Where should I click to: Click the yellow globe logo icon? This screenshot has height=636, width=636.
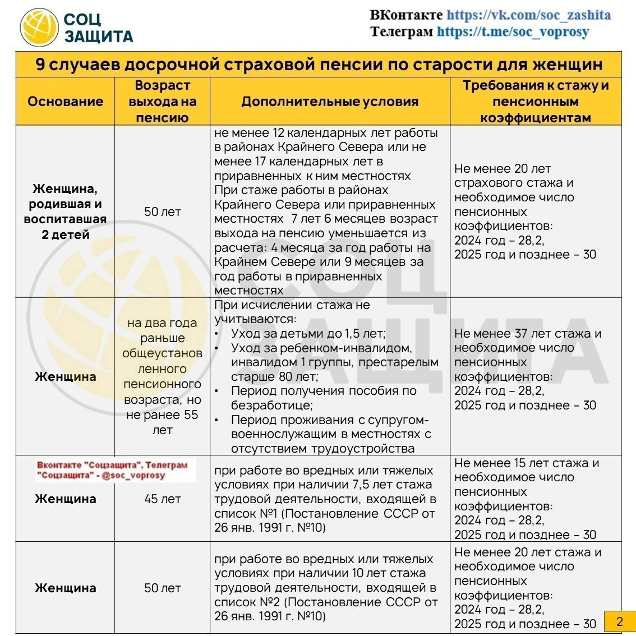tap(39, 27)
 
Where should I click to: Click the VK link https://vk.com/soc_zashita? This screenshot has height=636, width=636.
tap(528, 15)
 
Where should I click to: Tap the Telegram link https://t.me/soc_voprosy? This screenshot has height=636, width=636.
tap(513, 32)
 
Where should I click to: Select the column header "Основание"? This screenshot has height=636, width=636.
tap(66, 102)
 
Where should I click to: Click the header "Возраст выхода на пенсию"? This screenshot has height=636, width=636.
tap(163, 102)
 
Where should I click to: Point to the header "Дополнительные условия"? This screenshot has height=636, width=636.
tap(330, 102)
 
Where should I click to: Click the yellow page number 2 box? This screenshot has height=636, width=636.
tap(619, 621)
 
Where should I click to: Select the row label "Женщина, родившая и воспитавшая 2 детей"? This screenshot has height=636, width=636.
tap(66, 212)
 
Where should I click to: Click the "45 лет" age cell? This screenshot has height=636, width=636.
tap(163, 499)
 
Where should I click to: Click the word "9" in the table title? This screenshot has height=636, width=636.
tap(40, 64)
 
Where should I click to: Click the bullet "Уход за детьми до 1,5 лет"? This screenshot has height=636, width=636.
tap(308, 334)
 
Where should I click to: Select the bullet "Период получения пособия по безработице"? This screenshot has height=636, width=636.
tap(323, 398)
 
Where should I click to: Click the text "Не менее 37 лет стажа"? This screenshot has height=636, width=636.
tap(528, 334)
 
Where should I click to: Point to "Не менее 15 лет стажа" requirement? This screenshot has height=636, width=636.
tap(527, 463)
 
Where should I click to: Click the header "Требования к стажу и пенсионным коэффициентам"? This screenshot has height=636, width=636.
tap(535, 102)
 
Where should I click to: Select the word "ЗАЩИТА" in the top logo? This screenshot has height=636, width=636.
tap(99, 36)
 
